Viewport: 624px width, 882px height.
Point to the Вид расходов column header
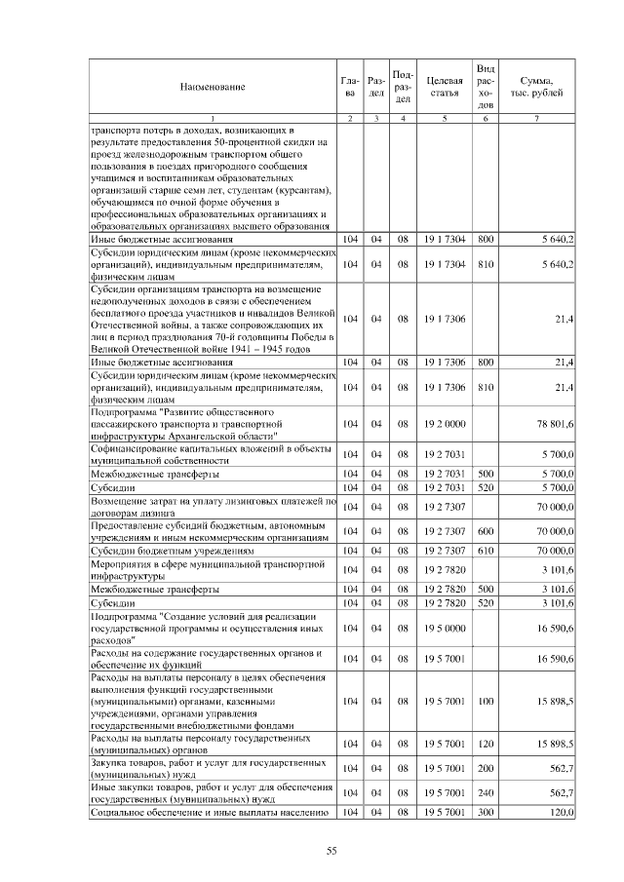click(486, 86)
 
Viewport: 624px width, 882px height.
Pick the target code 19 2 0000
click(444, 424)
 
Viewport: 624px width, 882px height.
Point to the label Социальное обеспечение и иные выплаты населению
click(207, 811)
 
